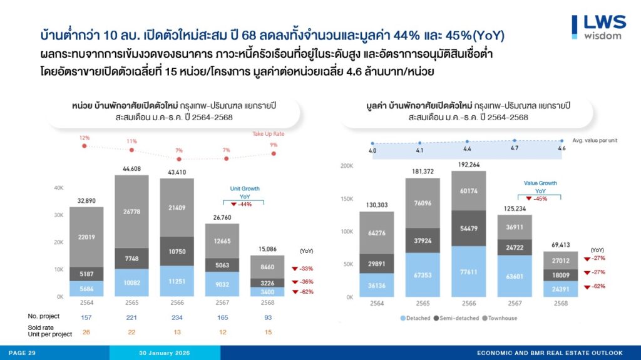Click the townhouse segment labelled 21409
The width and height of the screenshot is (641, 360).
click(x=177, y=207)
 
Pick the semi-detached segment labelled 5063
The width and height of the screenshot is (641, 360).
click(x=222, y=265)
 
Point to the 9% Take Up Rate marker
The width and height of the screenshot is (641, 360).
click(x=273, y=153)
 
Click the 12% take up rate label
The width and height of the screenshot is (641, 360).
click(x=85, y=138)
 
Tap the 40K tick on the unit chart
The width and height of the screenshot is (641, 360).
click(x=59, y=187)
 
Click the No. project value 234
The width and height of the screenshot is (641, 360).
click(x=177, y=318)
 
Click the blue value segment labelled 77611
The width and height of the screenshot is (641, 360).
click(x=464, y=273)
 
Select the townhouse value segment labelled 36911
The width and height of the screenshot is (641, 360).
click(x=515, y=228)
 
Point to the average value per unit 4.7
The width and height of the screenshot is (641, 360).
click(x=515, y=148)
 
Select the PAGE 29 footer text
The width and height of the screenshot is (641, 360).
click(x=23, y=353)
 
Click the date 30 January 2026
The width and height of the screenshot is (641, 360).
click(x=165, y=353)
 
